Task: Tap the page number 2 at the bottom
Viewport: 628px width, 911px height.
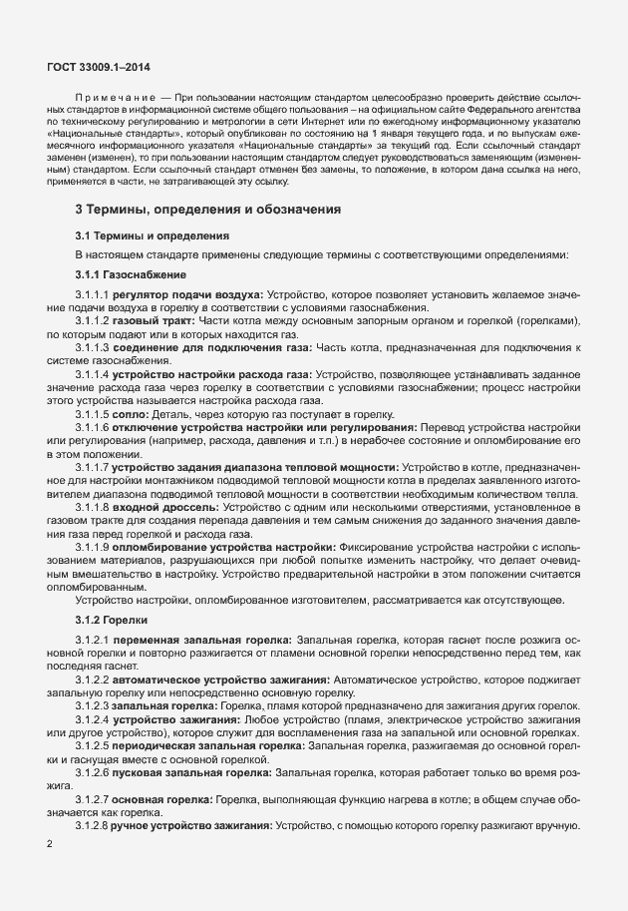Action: click(51, 843)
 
